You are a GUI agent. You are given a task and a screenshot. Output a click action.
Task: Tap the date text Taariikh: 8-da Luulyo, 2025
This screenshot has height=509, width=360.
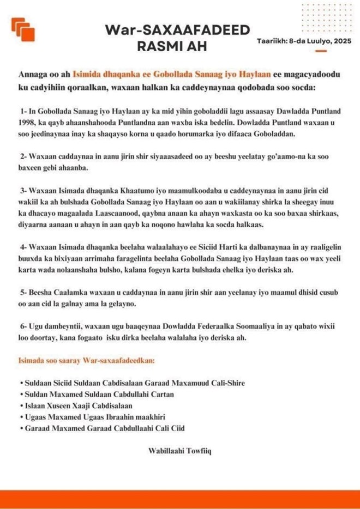(x=303, y=41)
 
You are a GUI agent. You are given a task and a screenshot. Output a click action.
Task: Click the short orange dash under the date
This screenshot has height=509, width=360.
(x=321, y=52)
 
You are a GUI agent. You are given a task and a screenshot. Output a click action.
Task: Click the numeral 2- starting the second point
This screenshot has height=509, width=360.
(x=24, y=156)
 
